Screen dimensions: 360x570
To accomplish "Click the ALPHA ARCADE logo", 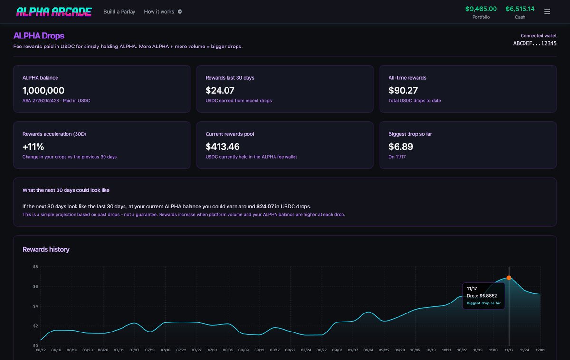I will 54,12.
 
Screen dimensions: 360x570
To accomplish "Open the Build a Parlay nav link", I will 119,12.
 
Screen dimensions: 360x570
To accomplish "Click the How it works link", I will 160,12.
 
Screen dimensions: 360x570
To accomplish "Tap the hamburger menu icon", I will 547,12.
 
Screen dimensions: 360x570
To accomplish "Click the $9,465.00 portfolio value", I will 481,9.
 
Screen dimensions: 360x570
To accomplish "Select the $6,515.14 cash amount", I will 520,9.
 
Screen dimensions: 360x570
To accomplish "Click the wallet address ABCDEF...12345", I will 535,43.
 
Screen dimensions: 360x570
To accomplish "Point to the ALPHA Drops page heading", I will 39,36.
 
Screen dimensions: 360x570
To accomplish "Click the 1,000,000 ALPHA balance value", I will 43,90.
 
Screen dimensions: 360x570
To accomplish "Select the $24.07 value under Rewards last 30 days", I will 220,90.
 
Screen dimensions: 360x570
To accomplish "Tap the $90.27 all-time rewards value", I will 403,90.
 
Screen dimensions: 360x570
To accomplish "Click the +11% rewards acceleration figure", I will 33,146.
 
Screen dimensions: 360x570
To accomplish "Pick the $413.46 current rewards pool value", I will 222,146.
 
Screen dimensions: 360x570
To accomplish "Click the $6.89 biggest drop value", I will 400,146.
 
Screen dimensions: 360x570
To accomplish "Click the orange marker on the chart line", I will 509,278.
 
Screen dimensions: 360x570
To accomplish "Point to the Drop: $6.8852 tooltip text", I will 482,296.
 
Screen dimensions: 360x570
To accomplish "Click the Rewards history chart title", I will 46,249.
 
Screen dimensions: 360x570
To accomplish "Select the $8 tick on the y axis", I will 35,267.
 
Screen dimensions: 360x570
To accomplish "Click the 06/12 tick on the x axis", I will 40,350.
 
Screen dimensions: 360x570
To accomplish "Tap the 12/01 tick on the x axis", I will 540,350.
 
